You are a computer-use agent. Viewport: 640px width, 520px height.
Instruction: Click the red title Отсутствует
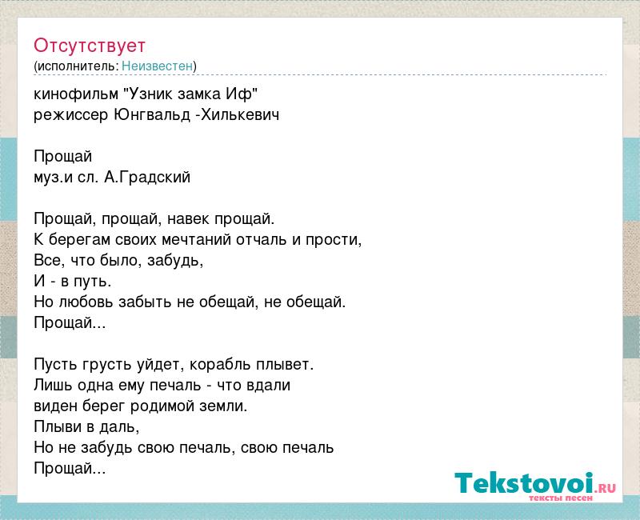90,46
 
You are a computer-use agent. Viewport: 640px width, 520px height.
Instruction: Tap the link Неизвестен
157,66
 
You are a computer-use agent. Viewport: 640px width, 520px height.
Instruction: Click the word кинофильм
75,94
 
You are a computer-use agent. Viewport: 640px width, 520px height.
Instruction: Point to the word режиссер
71,115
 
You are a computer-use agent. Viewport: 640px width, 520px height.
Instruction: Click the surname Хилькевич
240,115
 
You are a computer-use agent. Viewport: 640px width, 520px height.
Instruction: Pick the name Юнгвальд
152,115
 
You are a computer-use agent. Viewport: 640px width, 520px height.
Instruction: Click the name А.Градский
147,177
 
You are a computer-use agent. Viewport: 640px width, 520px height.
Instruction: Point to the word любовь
86,302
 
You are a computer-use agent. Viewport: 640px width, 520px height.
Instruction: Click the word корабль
221,365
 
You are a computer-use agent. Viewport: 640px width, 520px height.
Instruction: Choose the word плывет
285,365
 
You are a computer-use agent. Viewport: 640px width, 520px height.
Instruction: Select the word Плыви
58,427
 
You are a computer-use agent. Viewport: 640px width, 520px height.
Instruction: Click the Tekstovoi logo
535,483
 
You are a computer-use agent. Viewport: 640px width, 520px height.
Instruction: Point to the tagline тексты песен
561,498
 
